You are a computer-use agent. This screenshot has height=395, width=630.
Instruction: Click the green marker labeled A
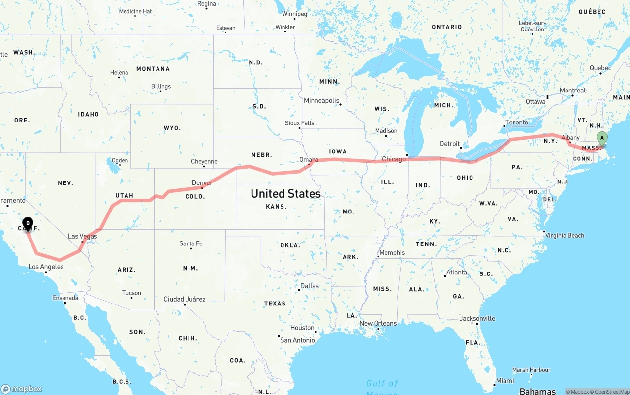(x=601, y=138)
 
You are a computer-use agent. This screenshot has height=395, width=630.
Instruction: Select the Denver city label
(x=202, y=183)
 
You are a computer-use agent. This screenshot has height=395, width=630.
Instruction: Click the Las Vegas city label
(x=83, y=236)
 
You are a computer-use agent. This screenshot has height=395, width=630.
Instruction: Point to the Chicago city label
(x=394, y=159)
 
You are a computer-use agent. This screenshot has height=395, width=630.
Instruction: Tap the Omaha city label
(x=309, y=160)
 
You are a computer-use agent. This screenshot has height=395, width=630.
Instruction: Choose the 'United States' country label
(x=285, y=193)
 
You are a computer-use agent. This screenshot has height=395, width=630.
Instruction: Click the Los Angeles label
(x=46, y=267)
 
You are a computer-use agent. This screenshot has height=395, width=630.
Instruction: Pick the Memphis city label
(x=392, y=253)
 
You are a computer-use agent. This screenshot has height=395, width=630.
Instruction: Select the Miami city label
(x=505, y=381)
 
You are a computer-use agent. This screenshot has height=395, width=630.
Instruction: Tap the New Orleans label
(x=378, y=323)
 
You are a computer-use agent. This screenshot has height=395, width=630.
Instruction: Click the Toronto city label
(x=516, y=122)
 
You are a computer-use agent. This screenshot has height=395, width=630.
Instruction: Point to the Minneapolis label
(x=321, y=101)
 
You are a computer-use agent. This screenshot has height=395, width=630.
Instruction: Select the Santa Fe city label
(x=191, y=243)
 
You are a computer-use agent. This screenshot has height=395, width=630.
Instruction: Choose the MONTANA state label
(x=153, y=69)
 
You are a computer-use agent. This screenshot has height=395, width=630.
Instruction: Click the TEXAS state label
(x=275, y=304)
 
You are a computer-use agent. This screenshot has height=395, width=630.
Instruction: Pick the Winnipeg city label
(x=294, y=14)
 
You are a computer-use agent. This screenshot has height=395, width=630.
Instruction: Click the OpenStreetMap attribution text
(x=610, y=392)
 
